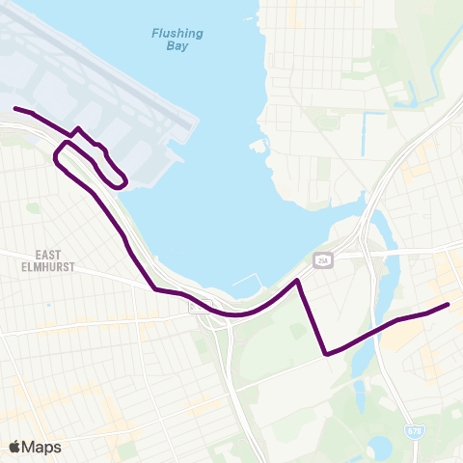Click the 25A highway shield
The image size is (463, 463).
(x=322, y=260)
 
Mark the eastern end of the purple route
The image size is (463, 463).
(x=448, y=305)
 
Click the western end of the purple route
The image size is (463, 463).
(x=14, y=108)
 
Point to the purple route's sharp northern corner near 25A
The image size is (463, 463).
(x=299, y=281)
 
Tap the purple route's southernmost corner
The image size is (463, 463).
(x=326, y=354)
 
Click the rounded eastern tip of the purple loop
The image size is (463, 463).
(x=124, y=181)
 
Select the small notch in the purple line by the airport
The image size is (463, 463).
(x=78, y=129)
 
